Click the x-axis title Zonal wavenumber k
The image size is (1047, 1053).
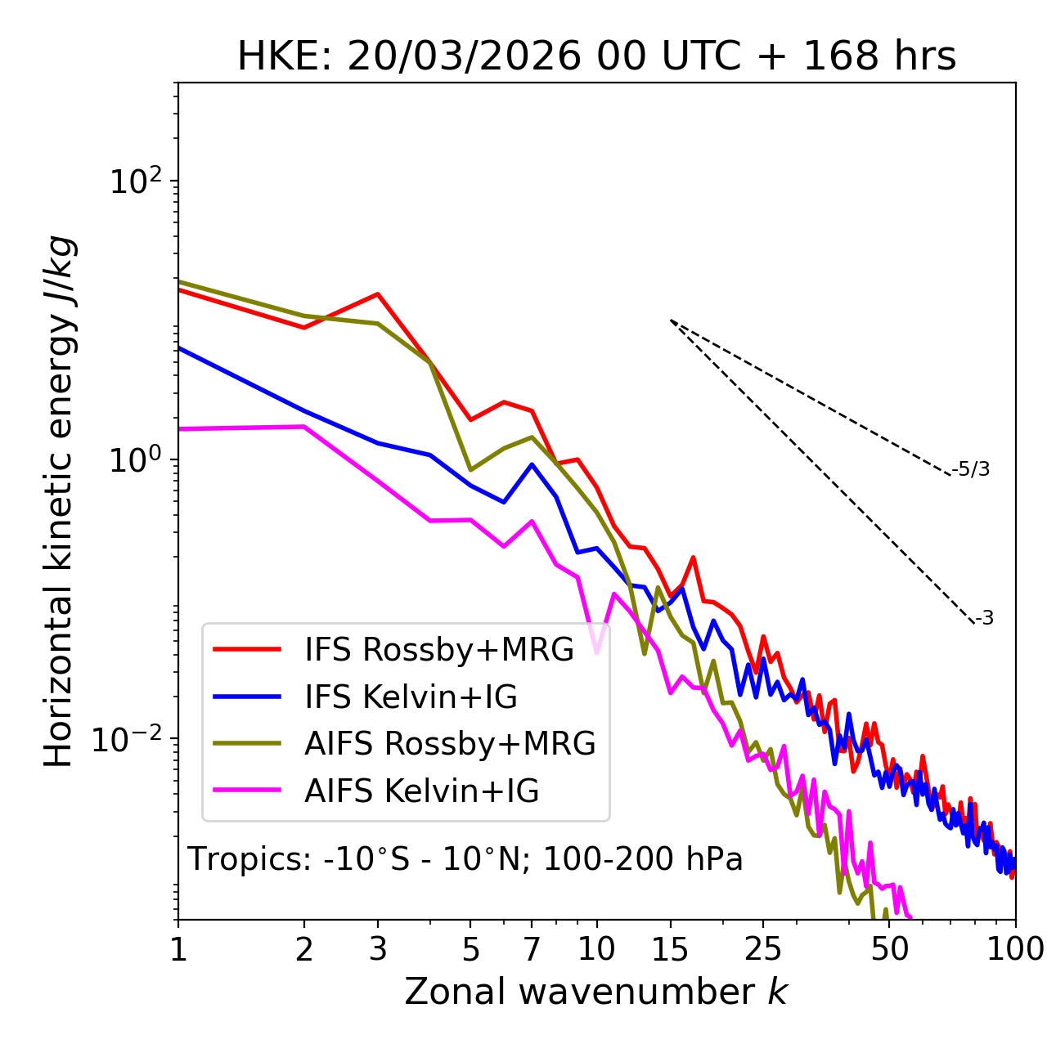pos(595,991)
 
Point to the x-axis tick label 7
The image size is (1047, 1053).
pos(532,949)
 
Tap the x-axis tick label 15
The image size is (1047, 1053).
pos(671,949)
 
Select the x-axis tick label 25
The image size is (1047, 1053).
pos(763,949)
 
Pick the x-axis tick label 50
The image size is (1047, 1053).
pos(890,949)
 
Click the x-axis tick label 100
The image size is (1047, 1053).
pos(1015,949)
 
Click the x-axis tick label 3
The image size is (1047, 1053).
pos(378,949)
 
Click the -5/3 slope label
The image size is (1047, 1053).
pos(971,469)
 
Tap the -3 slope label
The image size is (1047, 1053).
pos(984,618)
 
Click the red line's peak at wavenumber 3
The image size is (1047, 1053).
pos(378,294)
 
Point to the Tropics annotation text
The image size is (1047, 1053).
pos(465,859)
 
